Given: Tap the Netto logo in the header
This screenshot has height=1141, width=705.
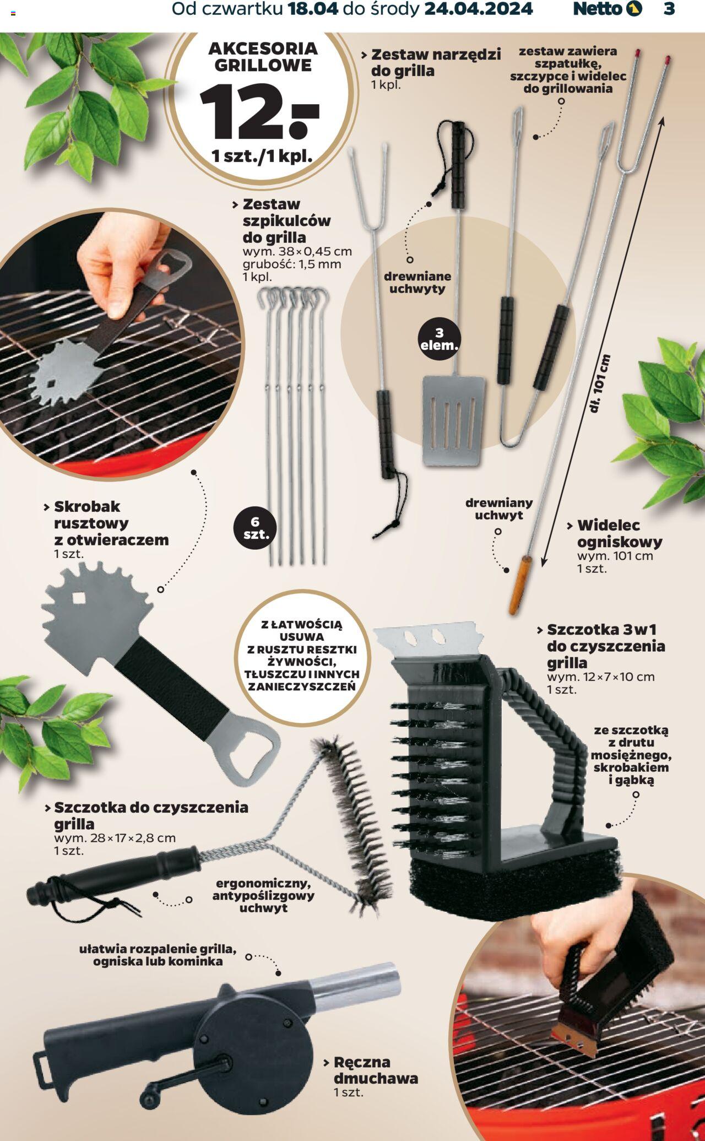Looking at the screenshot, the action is tap(608, 9).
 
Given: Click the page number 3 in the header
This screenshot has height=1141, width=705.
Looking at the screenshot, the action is tap(669, 9).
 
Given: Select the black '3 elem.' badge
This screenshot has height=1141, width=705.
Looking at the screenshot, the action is tap(439, 339).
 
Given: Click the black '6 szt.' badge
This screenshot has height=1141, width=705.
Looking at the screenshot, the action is tap(255, 528).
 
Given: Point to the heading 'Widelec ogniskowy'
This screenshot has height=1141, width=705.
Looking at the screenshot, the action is tap(619, 533).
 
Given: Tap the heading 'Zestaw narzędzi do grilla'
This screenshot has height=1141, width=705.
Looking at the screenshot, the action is tap(436, 62).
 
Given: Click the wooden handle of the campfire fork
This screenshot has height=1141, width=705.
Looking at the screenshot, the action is tap(520, 585).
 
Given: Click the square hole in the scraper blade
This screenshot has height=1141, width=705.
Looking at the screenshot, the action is tap(79, 598).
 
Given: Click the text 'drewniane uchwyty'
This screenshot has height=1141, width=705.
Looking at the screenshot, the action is tap(417, 282).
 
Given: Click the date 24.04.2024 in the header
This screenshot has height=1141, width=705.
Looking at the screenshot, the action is tap(478, 9).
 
